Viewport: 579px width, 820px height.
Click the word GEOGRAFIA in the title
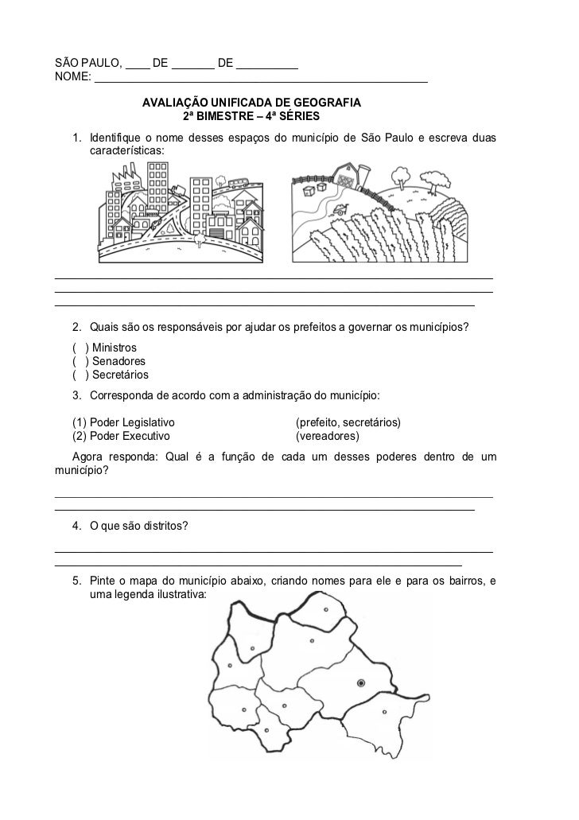click(327, 103)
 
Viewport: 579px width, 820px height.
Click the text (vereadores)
click(327, 436)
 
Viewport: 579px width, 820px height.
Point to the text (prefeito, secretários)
click(348, 422)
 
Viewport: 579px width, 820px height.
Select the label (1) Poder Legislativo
click(122, 422)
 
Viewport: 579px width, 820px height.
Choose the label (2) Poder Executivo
click(120, 436)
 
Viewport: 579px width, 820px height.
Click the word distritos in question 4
click(164, 526)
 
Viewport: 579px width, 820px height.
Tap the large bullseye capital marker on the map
click(361, 682)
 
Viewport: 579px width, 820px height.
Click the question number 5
click(76, 581)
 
